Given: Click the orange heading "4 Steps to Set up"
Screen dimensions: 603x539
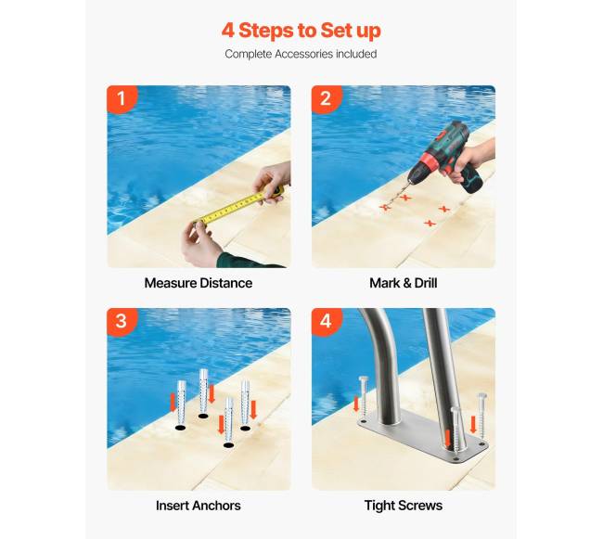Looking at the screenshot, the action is click(301, 31).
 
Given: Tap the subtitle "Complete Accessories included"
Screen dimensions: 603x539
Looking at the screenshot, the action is click(301, 54).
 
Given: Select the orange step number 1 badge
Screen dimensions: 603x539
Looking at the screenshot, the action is click(122, 99).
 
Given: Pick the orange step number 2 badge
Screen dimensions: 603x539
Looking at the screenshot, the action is click(327, 99).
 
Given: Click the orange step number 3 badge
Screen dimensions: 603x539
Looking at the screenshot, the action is click(122, 321).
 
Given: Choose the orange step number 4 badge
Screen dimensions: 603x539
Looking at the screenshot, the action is click(327, 321).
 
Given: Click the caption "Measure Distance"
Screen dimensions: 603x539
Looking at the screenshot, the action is click(199, 283).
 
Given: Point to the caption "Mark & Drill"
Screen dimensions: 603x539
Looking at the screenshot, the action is click(404, 283).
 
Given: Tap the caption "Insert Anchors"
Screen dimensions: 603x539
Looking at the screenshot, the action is click(199, 506).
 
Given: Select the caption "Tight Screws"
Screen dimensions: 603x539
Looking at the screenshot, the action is click(404, 506).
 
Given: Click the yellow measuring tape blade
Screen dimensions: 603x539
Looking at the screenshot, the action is click(234, 208).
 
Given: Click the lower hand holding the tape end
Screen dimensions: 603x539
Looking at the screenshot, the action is click(202, 242).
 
